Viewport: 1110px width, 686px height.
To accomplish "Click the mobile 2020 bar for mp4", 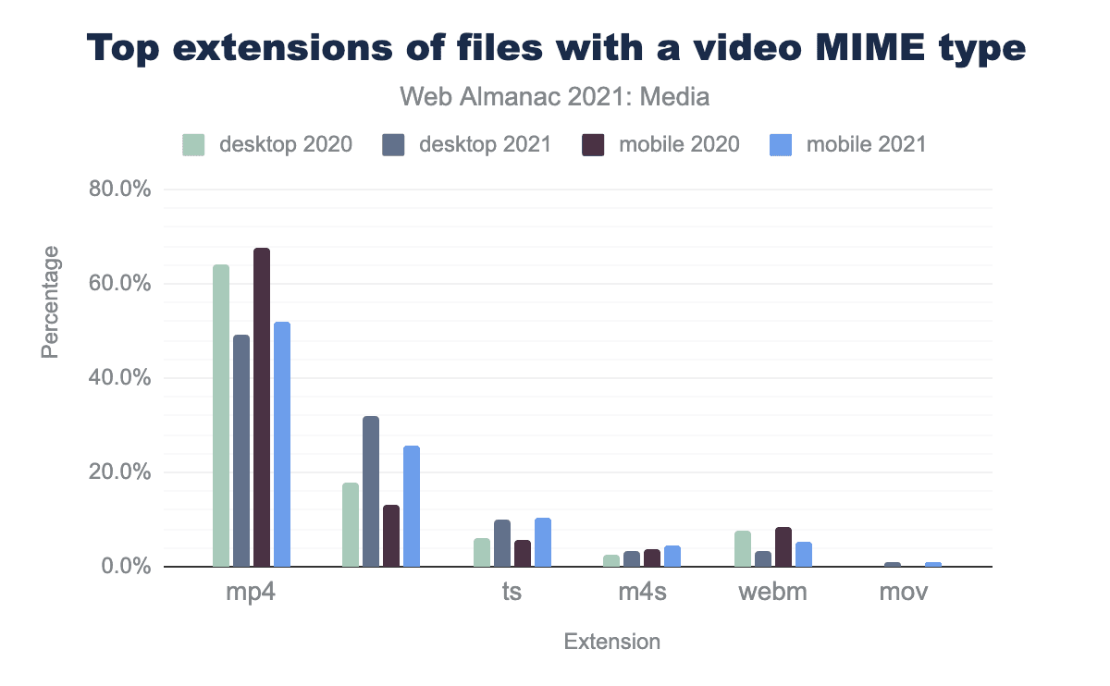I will tap(262, 407).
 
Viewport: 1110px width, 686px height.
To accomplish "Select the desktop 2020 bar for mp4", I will tap(221, 415).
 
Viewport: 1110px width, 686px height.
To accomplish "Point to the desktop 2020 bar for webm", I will tap(743, 548).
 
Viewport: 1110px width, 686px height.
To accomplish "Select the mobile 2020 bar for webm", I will tap(783, 546).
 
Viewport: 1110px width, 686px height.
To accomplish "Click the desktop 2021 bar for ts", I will tap(502, 543).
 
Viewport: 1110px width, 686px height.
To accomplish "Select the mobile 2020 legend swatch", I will tap(592, 145).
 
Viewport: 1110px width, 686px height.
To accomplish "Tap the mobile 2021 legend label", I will tap(866, 145).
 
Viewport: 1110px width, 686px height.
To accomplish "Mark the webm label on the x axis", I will tap(772, 592).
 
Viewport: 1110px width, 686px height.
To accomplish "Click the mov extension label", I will tap(904, 592).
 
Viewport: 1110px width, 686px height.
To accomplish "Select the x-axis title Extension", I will tap(612, 642).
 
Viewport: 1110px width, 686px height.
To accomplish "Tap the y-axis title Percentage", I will tap(51, 301).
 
